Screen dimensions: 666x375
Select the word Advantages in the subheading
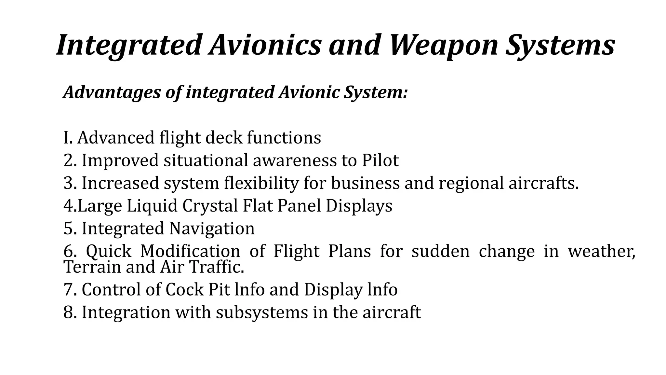coord(112,92)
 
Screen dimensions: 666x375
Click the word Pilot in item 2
coord(380,160)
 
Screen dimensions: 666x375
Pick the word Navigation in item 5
coord(212,229)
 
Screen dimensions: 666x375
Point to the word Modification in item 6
coord(190,251)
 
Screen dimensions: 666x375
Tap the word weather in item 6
coord(601,251)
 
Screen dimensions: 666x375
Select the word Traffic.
coord(217,267)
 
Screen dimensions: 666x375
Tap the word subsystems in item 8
coord(261,312)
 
